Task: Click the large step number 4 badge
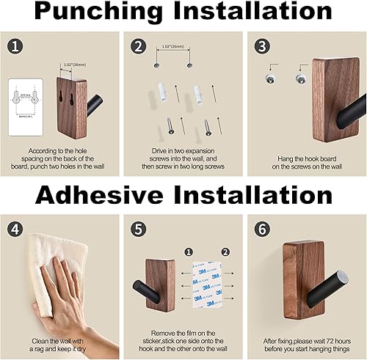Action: click(16, 227)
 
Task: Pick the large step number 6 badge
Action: click(260, 227)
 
